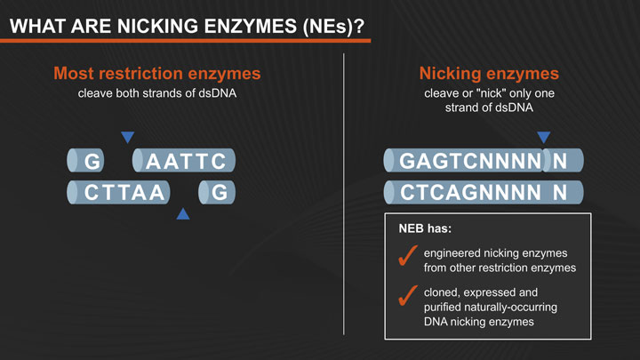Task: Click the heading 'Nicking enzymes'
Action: pyautogui.click(x=488, y=73)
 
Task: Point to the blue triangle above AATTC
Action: pyautogui.click(x=128, y=137)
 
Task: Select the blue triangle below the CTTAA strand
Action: pyautogui.click(x=183, y=213)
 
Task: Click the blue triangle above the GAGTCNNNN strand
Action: pyautogui.click(x=544, y=137)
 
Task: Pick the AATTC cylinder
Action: pyautogui.click(x=185, y=161)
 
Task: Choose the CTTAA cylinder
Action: pyautogui.click(x=120, y=192)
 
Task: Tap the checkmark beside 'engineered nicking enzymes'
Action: pyautogui.click(x=408, y=257)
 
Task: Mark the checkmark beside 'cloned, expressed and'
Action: pyautogui.click(x=408, y=297)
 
